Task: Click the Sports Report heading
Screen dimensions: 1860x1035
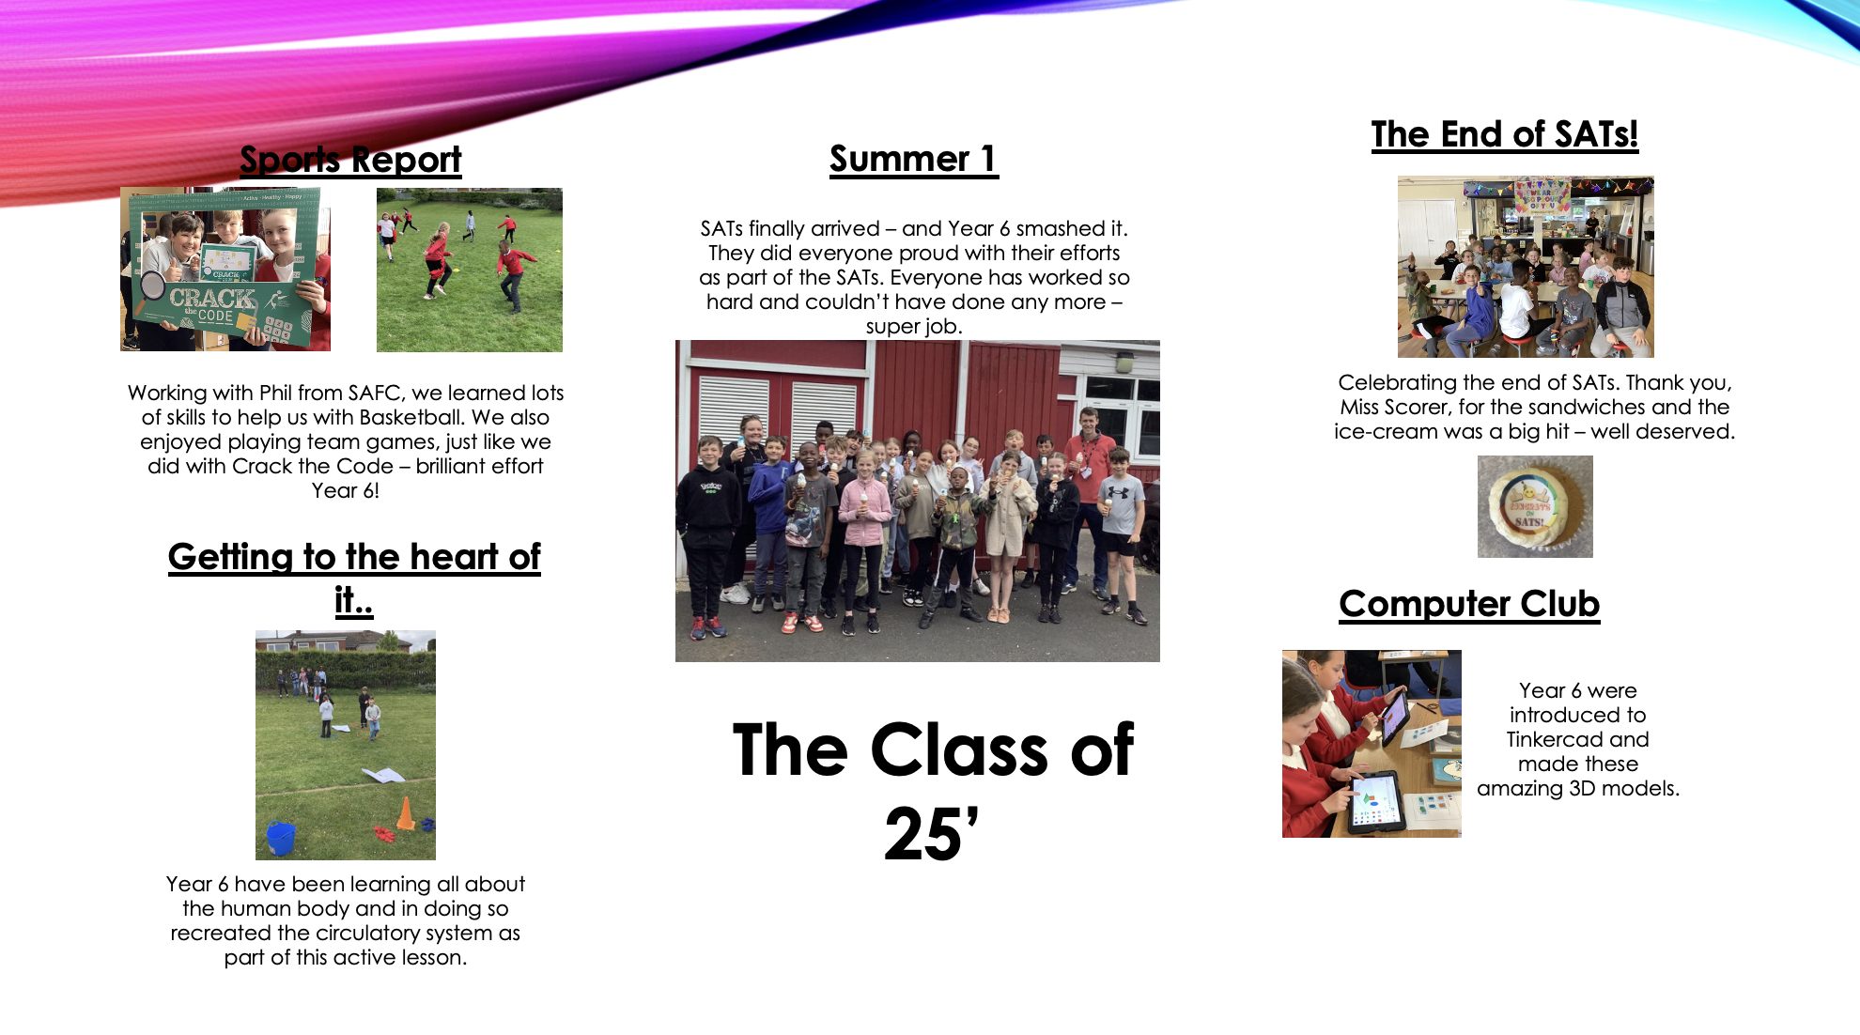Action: click(350, 160)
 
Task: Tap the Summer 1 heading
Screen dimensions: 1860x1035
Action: click(913, 159)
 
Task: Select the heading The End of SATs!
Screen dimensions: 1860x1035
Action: click(1505, 135)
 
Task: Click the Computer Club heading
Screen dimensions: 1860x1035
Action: click(1469, 604)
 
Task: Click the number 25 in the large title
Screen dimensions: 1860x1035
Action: click(922, 833)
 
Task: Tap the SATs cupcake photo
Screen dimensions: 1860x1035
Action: click(1535, 506)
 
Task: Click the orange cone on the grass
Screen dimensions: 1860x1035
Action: click(406, 813)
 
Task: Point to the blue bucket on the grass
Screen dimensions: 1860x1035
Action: click(281, 838)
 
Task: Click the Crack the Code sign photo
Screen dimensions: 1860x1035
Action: click(225, 270)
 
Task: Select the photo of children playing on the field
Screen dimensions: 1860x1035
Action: click(470, 270)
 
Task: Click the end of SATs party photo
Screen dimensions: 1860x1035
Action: click(1526, 267)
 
